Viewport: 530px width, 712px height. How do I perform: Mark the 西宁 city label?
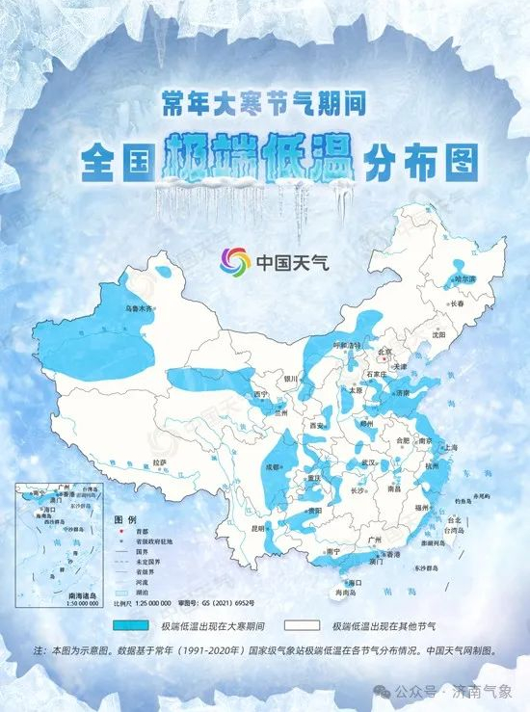click(x=259, y=395)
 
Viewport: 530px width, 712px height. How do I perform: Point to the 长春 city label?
click(x=458, y=303)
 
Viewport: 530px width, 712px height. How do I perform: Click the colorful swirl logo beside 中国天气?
click(x=235, y=261)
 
